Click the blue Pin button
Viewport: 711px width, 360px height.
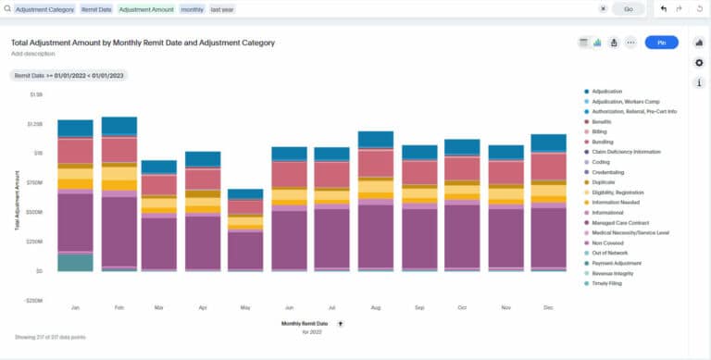click(x=661, y=43)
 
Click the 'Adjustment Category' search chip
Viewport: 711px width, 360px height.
click(x=45, y=8)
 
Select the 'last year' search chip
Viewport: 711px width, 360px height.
click(x=222, y=8)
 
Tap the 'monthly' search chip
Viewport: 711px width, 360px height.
click(x=193, y=8)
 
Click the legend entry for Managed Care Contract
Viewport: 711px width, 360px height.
click(x=620, y=223)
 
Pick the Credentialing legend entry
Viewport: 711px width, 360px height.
click(x=611, y=172)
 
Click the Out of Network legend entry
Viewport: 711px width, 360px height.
click(x=612, y=253)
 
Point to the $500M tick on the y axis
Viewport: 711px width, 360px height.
click(x=34, y=212)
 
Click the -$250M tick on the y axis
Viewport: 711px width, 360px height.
click(x=32, y=301)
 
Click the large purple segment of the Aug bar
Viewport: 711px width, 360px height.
click(x=375, y=235)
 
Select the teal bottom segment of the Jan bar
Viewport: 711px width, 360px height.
click(x=75, y=262)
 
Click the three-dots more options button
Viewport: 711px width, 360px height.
click(x=630, y=43)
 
